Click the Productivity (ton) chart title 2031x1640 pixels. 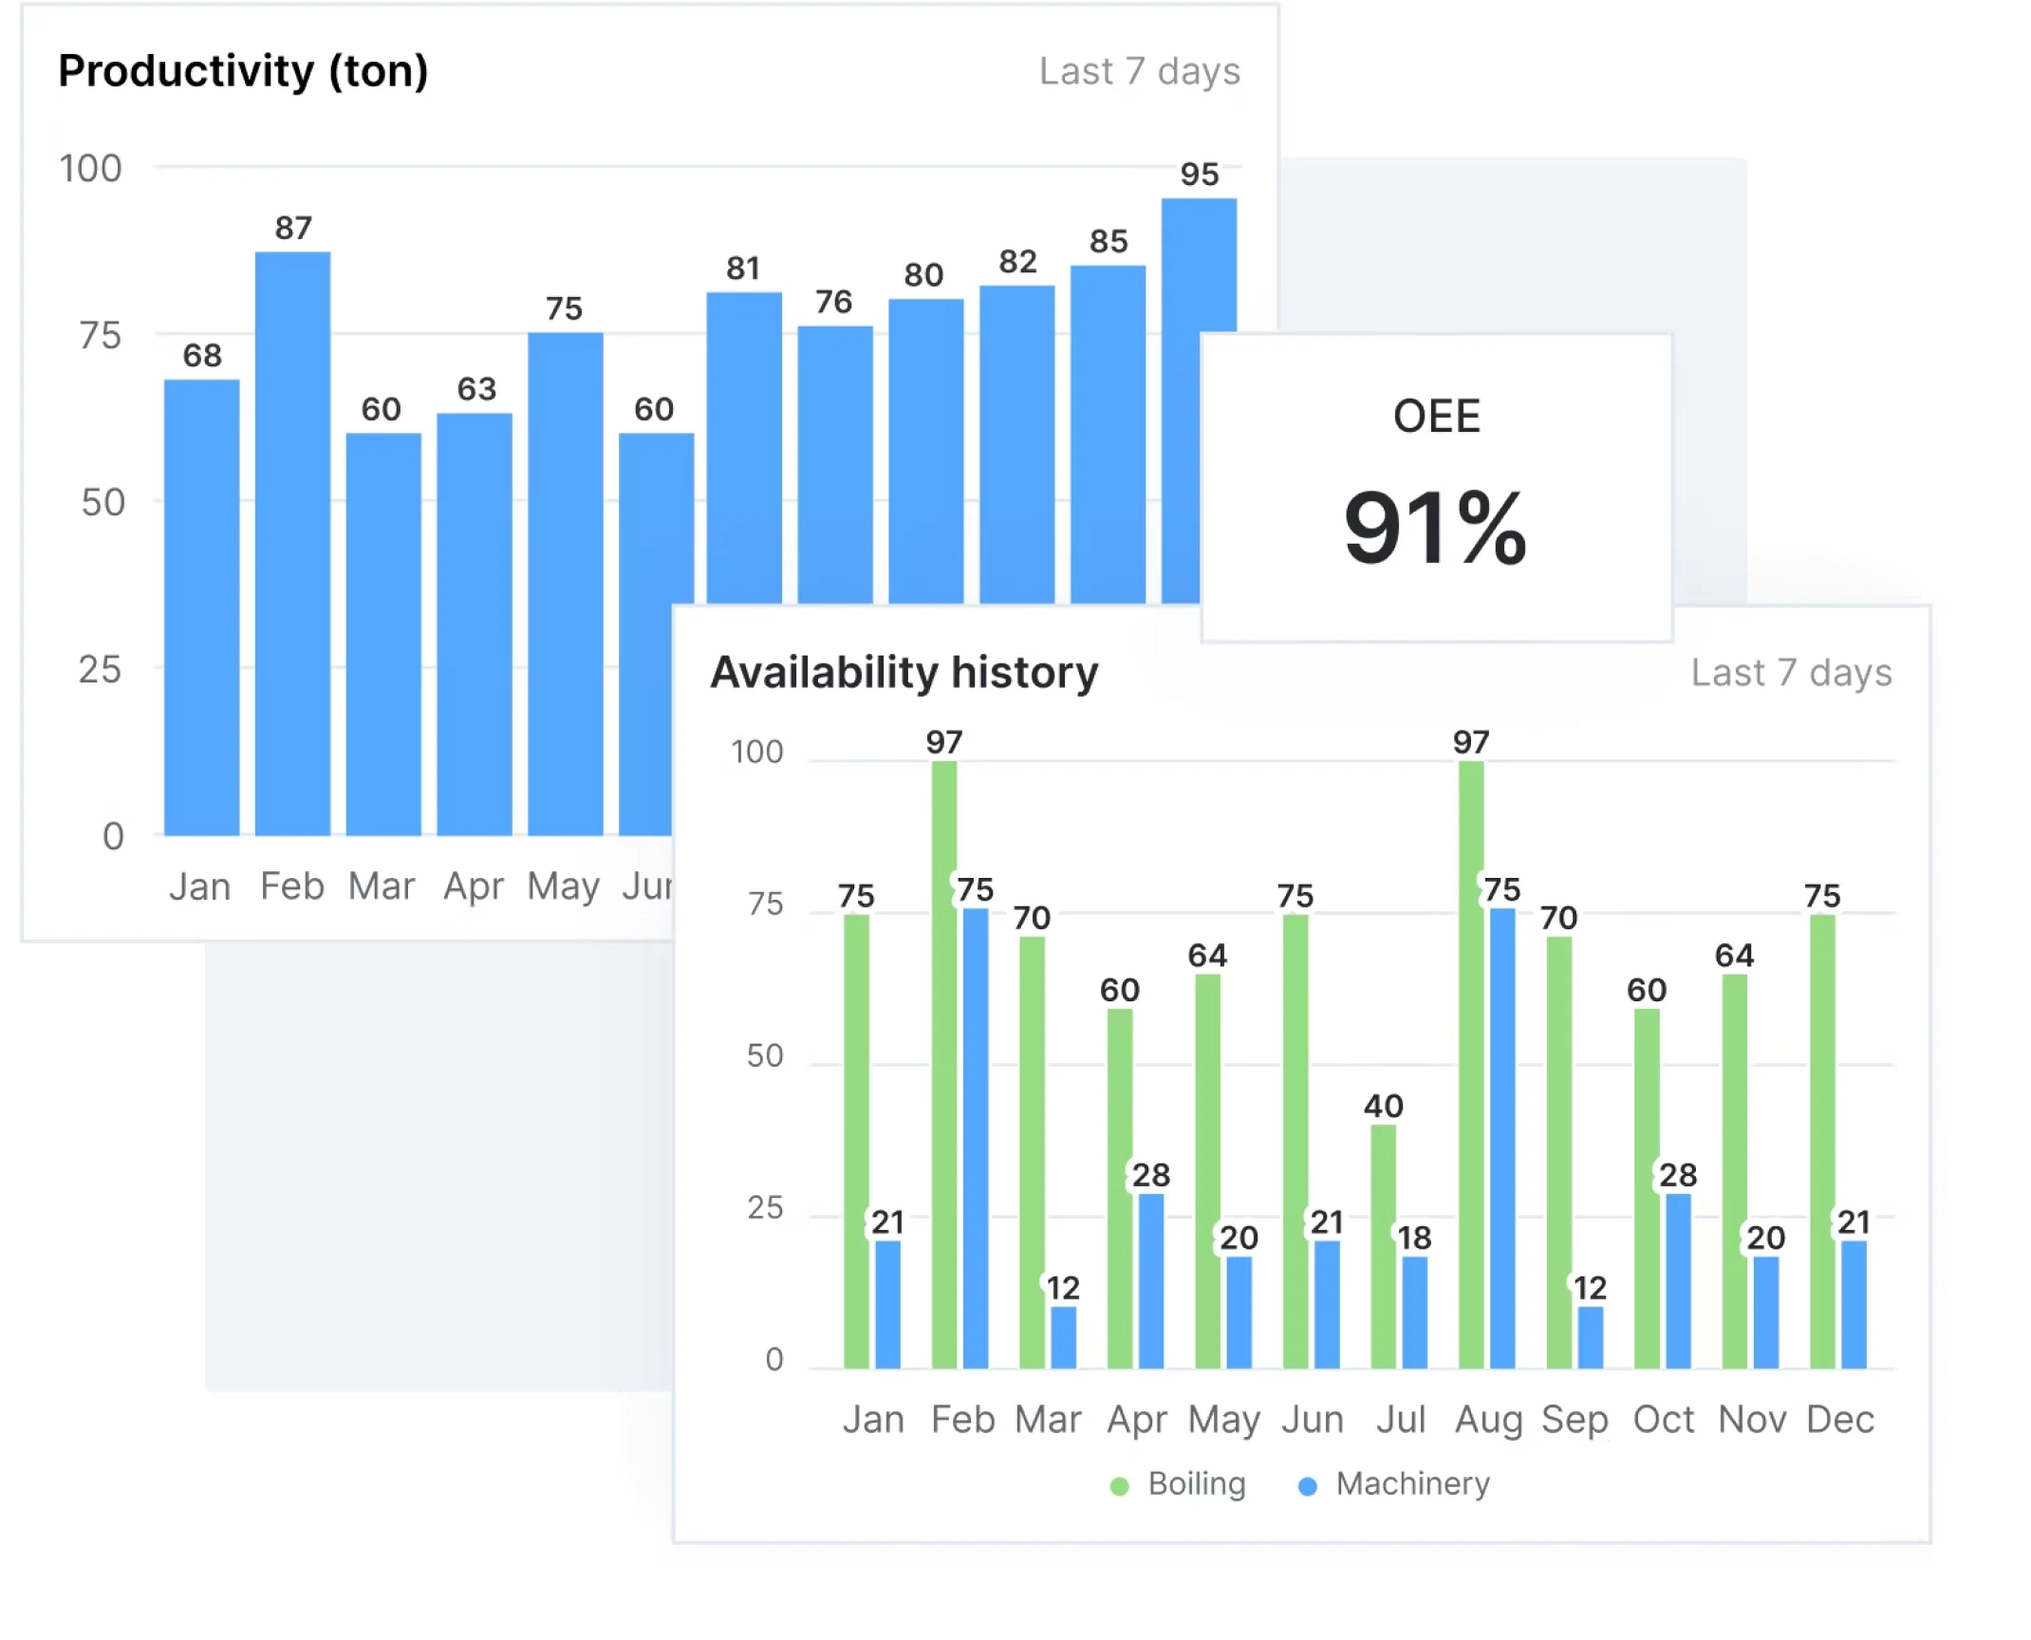pos(243,71)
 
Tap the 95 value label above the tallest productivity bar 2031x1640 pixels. pos(1199,175)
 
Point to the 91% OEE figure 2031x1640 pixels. pos(1435,528)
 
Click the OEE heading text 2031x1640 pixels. pos(1436,417)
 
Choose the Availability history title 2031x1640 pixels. pos(904,672)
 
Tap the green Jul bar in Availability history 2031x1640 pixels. pos(1383,1245)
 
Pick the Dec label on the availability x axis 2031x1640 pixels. pos(1839,1420)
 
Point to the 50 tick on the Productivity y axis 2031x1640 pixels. pos(102,503)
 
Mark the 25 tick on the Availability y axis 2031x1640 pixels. pos(765,1208)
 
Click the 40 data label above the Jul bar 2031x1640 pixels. pos(1383,1106)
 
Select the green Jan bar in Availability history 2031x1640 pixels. pos(856,1141)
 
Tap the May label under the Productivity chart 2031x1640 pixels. pos(564,886)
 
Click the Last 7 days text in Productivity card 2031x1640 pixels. pos(1139,72)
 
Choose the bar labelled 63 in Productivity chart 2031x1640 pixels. pos(475,624)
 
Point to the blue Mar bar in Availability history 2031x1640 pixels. pos(1063,1337)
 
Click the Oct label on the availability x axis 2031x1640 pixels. pos(1663,1420)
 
